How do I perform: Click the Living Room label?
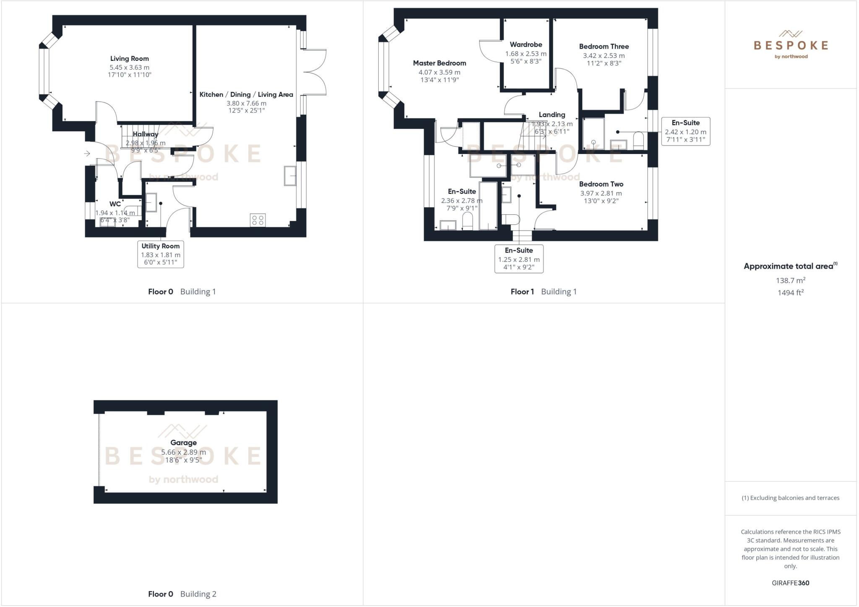[129, 59]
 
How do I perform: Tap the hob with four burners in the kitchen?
[258, 220]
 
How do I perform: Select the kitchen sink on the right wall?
[290, 175]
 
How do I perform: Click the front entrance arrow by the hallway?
[87, 154]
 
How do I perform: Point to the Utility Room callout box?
[161, 254]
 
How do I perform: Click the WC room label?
[115, 204]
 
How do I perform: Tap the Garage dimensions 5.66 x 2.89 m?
[183, 452]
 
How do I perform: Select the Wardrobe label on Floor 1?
[526, 44]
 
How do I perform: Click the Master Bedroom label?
[439, 63]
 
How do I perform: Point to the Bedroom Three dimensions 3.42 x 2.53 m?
[604, 56]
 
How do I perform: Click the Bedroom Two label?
[601, 184]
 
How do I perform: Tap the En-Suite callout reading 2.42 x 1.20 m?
[685, 131]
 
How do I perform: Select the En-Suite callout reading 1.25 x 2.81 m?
[519, 259]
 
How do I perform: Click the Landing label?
[552, 115]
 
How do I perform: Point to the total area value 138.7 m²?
[790, 280]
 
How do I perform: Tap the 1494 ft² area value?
[790, 293]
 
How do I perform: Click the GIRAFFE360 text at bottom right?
[790, 583]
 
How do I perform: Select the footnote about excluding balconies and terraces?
[790, 498]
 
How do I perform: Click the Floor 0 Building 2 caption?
[182, 594]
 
